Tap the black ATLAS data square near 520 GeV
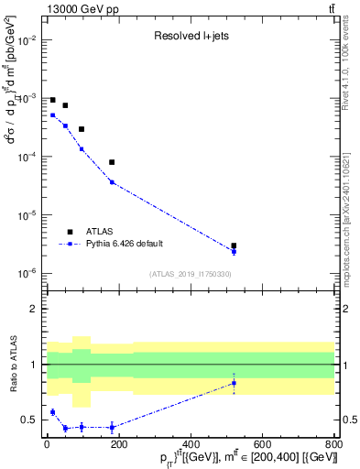click(234, 245)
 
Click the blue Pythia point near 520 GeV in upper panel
click(234, 251)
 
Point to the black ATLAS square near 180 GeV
click(112, 162)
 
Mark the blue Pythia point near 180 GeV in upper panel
click(112, 182)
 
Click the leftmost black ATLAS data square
click(52, 100)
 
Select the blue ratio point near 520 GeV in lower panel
click(234, 383)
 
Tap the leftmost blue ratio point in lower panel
click(52, 412)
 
